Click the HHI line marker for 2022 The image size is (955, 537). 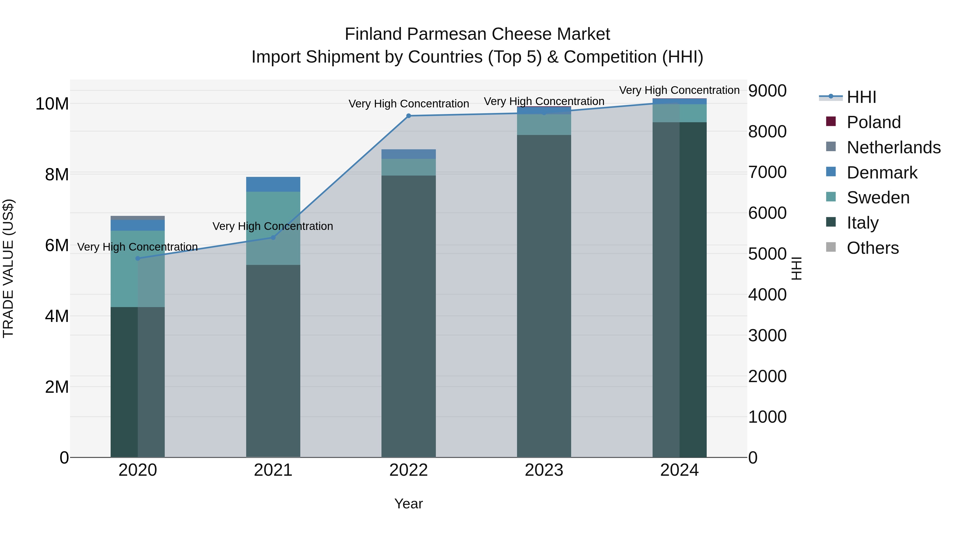pyautogui.click(x=409, y=116)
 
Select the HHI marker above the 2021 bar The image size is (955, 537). pyautogui.click(x=273, y=238)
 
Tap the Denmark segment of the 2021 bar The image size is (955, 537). pyautogui.click(x=273, y=184)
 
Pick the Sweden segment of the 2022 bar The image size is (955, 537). pyautogui.click(x=409, y=167)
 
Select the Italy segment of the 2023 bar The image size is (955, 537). pyautogui.click(x=544, y=296)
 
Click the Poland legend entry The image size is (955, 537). pyautogui.click(x=874, y=122)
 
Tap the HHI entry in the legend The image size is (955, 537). pyautogui.click(x=861, y=97)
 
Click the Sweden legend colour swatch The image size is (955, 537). pyautogui.click(x=831, y=197)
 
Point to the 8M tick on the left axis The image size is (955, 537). pyautogui.click(x=57, y=174)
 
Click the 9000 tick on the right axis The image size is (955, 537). pyautogui.click(x=767, y=91)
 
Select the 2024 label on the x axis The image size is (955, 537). pyautogui.click(x=679, y=470)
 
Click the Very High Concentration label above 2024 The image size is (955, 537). pyautogui.click(x=679, y=90)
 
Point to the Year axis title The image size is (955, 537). pyautogui.click(x=409, y=504)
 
